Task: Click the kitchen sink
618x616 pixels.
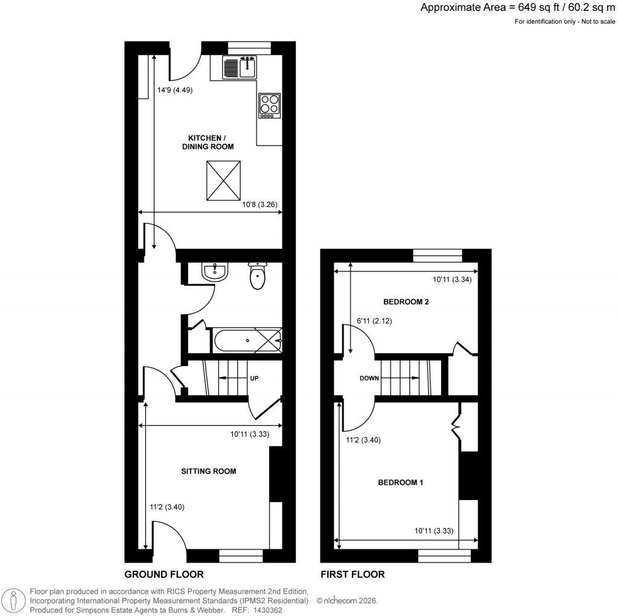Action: click(240, 67)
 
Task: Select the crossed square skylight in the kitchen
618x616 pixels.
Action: click(225, 182)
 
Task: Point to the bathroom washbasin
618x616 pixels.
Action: click(214, 273)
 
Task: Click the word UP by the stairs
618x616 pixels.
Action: click(254, 378)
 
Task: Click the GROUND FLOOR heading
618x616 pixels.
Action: click(164, 574)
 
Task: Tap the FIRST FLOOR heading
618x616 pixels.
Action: click(354, 574)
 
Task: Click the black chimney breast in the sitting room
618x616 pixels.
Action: click(275, 474)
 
